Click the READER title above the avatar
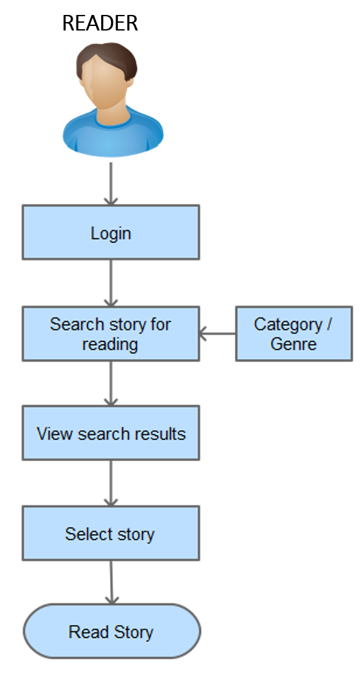(x=101, y=23)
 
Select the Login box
(x=111, y=232)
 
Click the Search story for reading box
(x=111, y=334)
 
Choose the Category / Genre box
(x=294, y=334)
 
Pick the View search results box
(x=111, y=433)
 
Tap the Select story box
(x=111, y=533)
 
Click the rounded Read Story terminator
(x=112, y=631)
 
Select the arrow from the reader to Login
(x=111, y=184)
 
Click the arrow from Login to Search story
(x=111, y=283)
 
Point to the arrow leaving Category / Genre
(x=217, y=334)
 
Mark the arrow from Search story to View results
(x=111, y=384)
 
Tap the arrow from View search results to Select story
(x=111, y=483)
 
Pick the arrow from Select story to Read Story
(x=112, y=582)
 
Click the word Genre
(x=293, y=343)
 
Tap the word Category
(x=288, y=325)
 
